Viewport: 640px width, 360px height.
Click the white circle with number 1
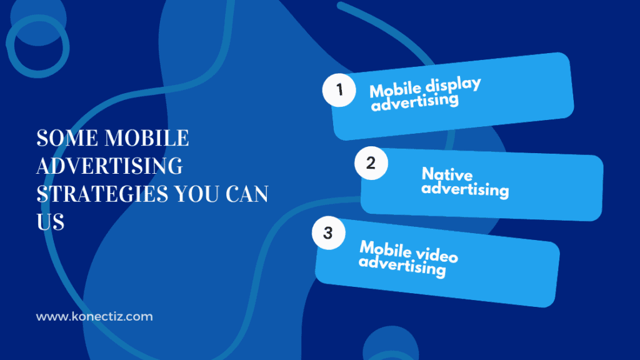point(339,89)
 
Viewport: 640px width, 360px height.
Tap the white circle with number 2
point(371,164)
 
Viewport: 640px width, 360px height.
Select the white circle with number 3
point(328,234)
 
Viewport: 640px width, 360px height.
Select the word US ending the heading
point(50,221)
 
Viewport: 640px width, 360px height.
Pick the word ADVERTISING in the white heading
point(109,166)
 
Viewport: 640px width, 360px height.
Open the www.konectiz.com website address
point(94,317)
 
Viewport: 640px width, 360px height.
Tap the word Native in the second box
point(447,174)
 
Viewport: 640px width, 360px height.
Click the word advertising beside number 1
point(415,101)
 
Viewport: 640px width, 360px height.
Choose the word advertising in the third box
point(402,266)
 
